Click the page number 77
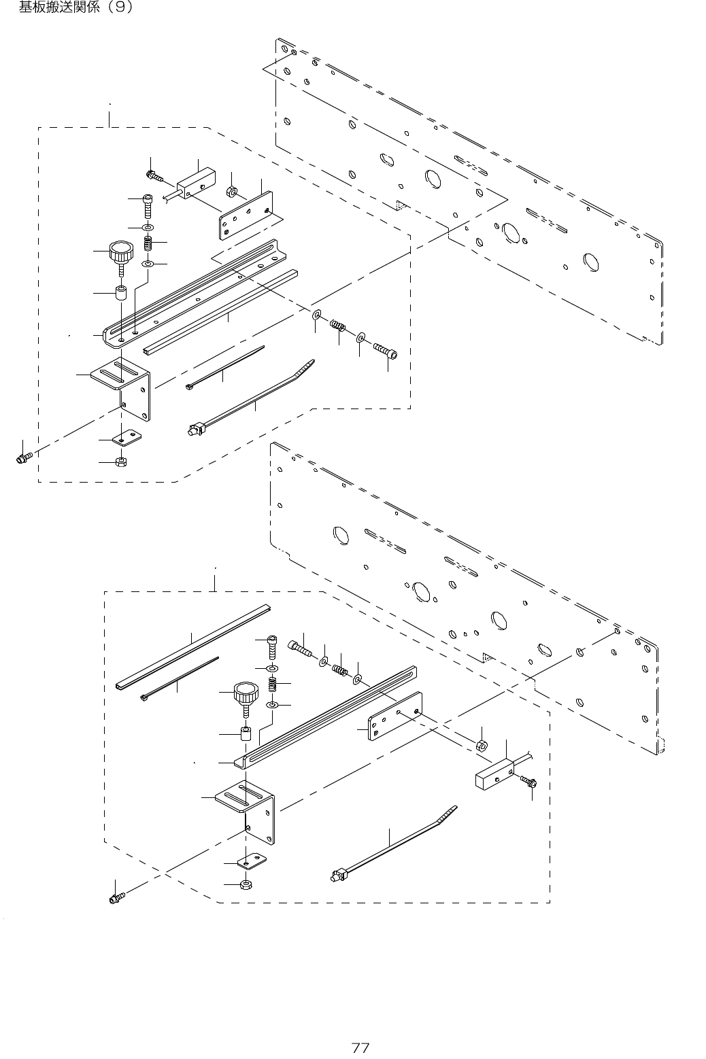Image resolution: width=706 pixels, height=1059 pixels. tap(360, 1047)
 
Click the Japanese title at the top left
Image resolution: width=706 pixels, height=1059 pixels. tap(75, 8)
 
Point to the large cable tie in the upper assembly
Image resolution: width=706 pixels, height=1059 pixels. tap(252, 400)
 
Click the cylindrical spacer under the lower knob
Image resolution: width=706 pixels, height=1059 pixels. tap(246, 735)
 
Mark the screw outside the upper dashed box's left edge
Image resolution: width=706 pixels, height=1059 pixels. tap(23, 457)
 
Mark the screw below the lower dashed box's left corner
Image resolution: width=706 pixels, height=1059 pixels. tap(116, 898)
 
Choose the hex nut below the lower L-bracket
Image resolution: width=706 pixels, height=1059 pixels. tap(246, 884)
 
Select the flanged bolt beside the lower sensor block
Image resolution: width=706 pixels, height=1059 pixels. tap(528, 783)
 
